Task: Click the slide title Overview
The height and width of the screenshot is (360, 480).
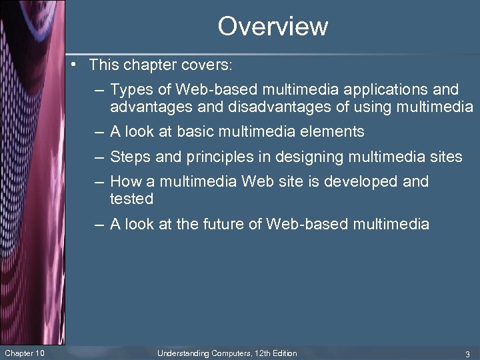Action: [x=273, y=27]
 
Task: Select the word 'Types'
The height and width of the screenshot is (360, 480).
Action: [x=130, y=89]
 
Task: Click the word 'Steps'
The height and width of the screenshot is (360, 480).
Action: [x=130, y=157]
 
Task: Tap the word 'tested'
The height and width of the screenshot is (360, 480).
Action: [x=131, y=199]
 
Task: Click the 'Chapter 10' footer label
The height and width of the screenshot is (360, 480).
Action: [x=25, y=353]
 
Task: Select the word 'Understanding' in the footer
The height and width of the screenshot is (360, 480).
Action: [x=183, y=353]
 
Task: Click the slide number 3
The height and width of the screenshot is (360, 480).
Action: [x=467, y=353]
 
